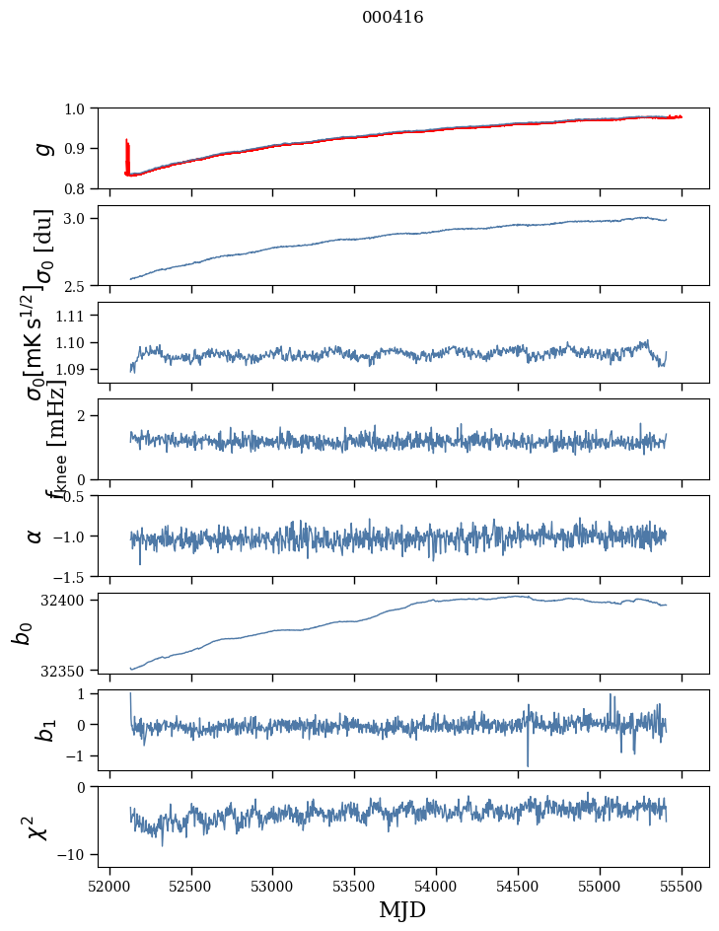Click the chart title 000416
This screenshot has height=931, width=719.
coord(393,18)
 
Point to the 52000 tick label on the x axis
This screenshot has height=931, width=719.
coord(109,885)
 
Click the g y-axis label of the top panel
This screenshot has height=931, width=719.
coord(40,148)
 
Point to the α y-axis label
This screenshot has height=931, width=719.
coord(35,536)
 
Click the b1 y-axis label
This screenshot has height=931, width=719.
coord(40,730)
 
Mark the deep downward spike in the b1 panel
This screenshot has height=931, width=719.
coord(528,763)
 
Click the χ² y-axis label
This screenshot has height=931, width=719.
coord(38,826)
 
